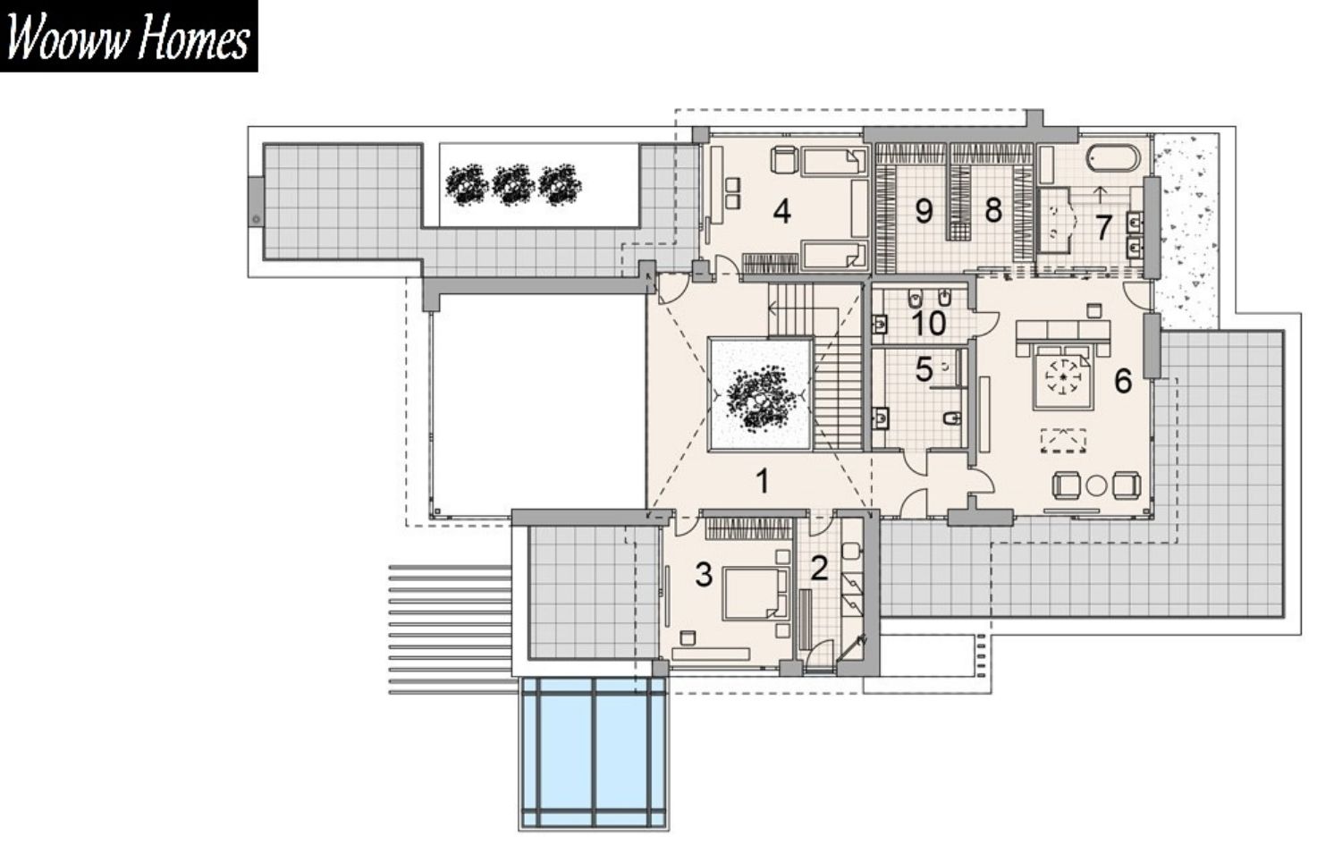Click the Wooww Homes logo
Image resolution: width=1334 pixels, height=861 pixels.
pos(129,36)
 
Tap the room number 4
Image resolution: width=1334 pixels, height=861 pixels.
pos(782,211)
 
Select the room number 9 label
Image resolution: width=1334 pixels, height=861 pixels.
pos(923,211)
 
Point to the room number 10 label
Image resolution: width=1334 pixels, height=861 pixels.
pos(929,323)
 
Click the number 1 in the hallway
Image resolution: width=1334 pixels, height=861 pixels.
pos(762,481)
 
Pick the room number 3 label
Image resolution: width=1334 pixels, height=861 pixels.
pos(704,575)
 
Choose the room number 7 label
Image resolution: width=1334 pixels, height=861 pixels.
pos(1103,227)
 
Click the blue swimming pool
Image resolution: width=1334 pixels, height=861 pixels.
pos(594,753)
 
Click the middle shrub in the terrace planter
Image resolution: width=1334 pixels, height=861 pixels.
pos(512,184)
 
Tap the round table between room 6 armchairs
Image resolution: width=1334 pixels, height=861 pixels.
pos(1096,485)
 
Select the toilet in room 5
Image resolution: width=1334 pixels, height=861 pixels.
pos(952,418)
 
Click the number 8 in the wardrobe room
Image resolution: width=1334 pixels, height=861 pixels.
pos(992,210)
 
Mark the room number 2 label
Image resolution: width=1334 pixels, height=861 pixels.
pos(820,568)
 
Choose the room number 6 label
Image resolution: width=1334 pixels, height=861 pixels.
pos(1123,381)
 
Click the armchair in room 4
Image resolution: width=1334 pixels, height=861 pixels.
pos(784,159)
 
